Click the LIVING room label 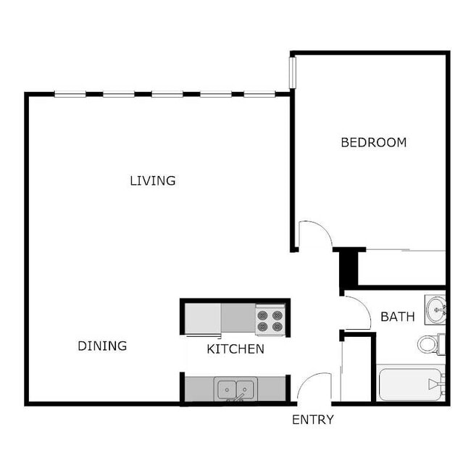[153, 180]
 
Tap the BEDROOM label [374, 142]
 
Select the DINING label [102, 346]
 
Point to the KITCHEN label [236, 349]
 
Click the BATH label [397, 317]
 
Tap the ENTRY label [313, 420]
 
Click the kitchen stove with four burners [270, 320]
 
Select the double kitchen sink [236, 389]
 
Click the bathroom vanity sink [435, 309]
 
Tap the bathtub [411, 383]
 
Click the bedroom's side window [293, 72]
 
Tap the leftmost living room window [70, 94]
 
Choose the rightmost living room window [259, 94]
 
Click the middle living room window [167, 94]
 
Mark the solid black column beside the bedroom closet [349, 268]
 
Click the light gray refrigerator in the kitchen [203, 318]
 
